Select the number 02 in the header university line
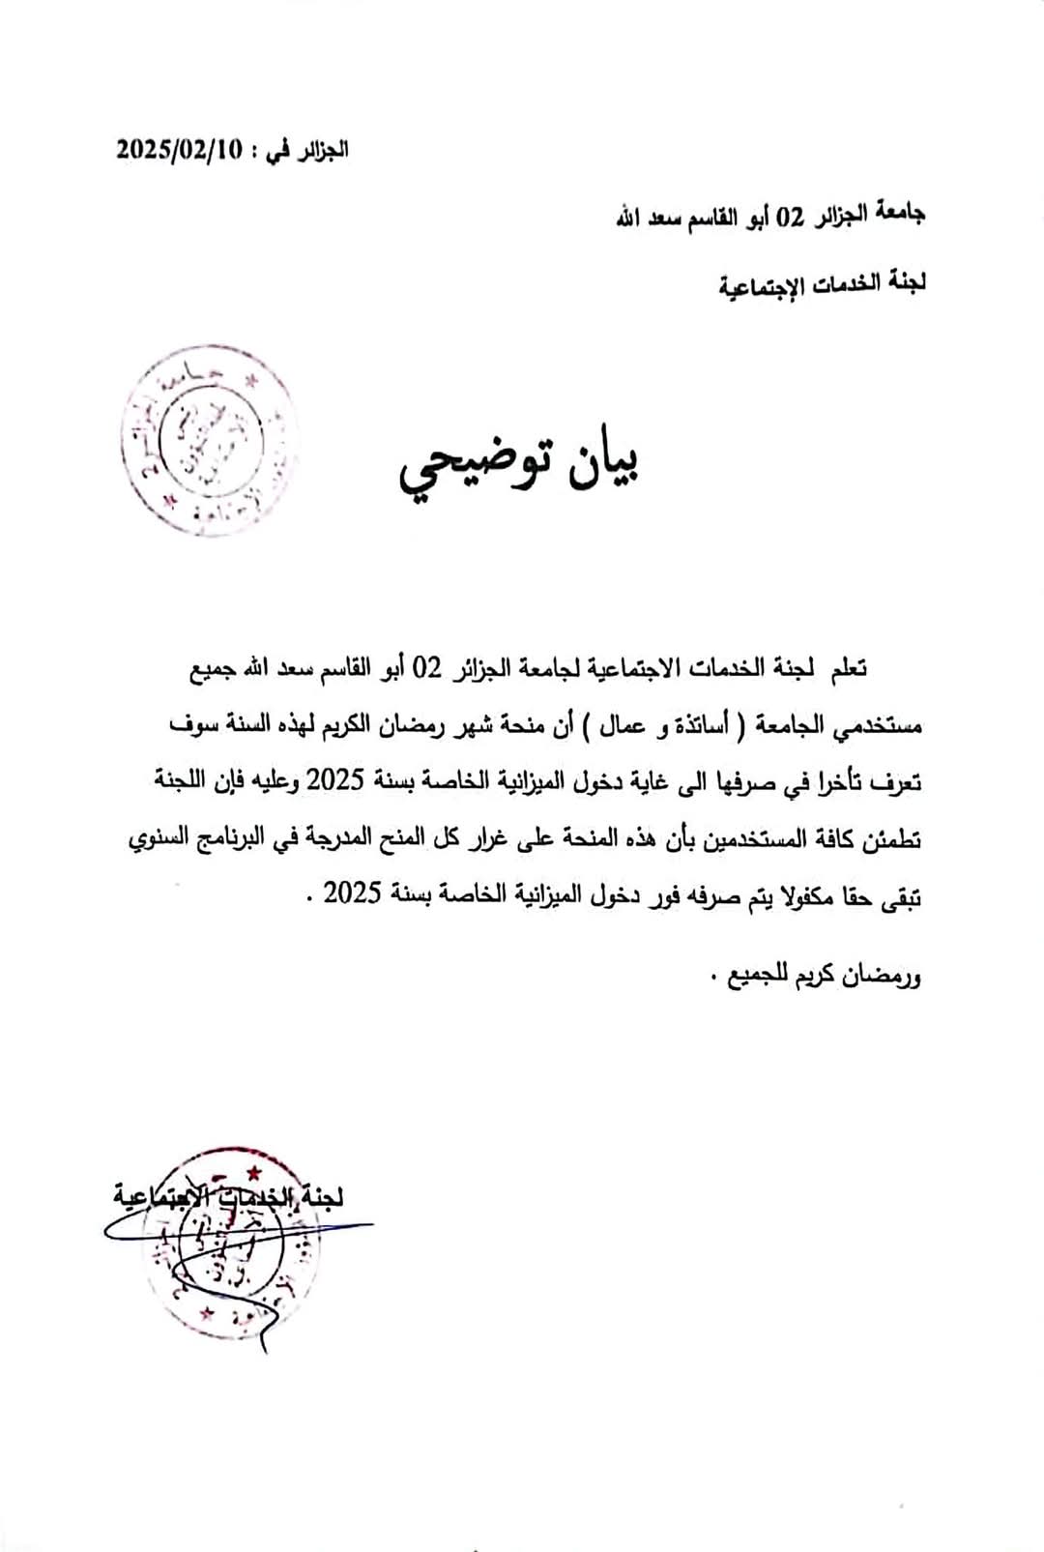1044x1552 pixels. click(791, 217)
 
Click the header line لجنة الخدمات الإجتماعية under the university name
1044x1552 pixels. click(822, 284)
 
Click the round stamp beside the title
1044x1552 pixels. click(209, 440)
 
